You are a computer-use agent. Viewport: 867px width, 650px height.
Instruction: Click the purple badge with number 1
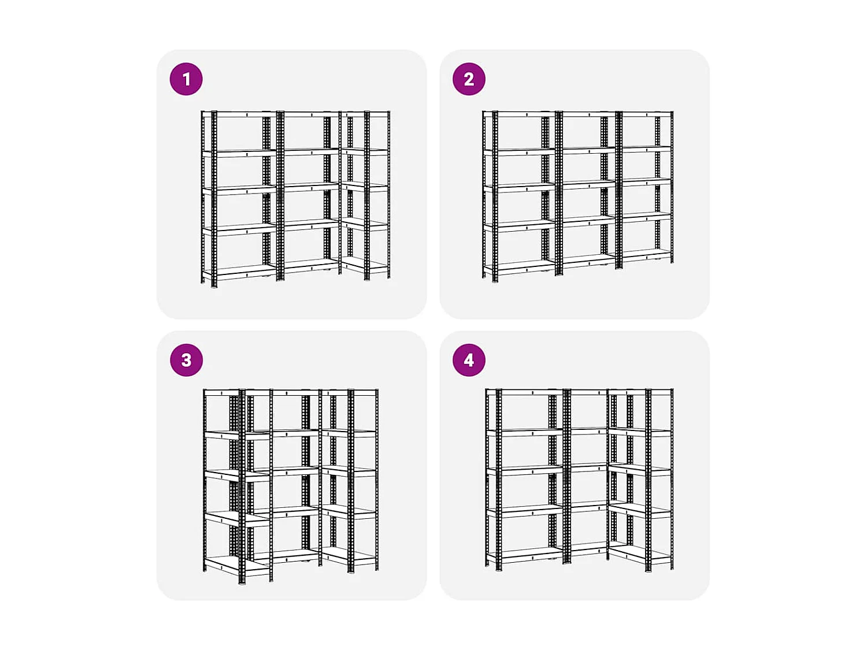coord(186,79)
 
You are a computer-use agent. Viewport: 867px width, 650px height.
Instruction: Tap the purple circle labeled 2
coord(469,79)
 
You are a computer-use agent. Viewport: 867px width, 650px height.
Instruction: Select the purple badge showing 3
coord(186,360)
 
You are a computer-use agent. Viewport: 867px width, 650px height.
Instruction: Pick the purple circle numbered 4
coord(469,360)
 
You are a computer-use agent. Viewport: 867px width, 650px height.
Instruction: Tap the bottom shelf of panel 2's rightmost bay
coord(646,254)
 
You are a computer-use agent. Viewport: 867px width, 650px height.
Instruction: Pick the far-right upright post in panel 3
coord(377,480)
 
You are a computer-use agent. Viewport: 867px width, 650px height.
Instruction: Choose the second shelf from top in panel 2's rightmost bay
coord(646,148)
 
